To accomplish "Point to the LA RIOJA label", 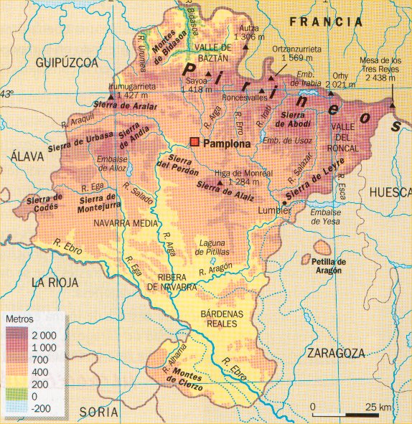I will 53,282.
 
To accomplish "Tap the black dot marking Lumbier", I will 285,204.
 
